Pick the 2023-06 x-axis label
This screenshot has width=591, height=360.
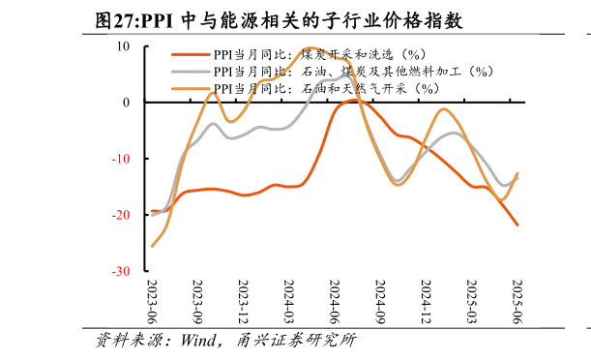(x=153, y=301)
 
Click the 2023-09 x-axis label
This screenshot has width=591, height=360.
(x=198, y=301)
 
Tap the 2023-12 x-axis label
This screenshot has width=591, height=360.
(x=244, y=301)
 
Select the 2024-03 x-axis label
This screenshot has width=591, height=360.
(x=289, y=301)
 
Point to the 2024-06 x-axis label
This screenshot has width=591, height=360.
(x=335, y=301)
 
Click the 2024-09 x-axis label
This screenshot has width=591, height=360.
(x=380, y=301)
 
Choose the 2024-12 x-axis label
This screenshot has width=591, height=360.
(x=426, y=301)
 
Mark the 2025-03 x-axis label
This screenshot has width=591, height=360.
(x=471, y=301)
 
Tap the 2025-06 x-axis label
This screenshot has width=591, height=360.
(x=517, y=301)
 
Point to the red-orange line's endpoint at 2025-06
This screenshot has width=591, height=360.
(x=517, y=225)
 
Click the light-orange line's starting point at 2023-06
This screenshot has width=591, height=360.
(x=153, y=246)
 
